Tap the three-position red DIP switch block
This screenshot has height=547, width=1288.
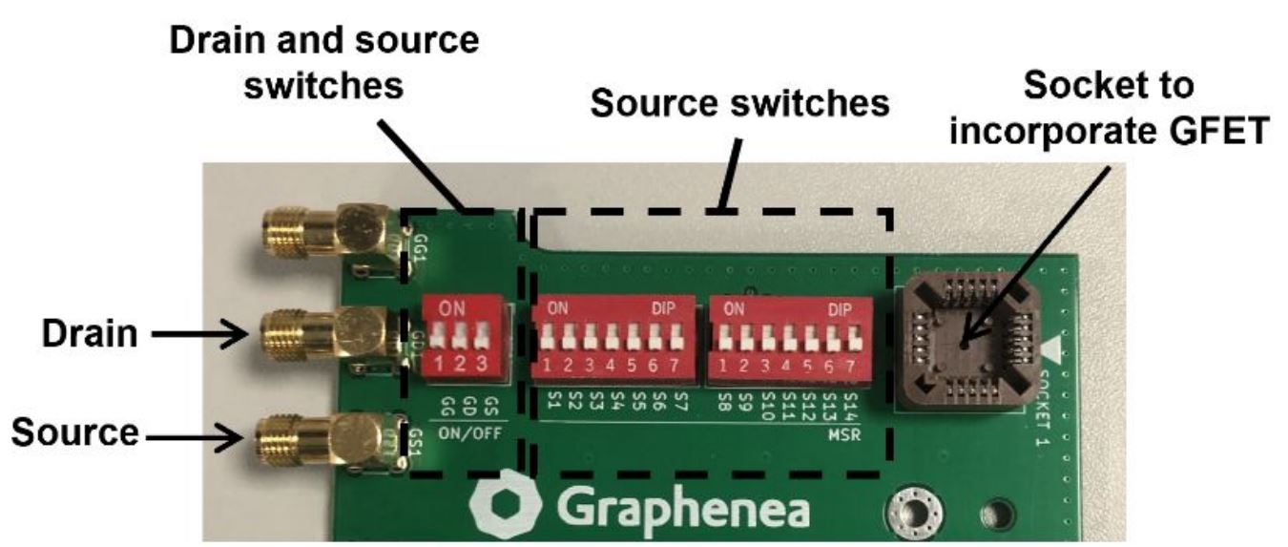coord(462,334)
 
